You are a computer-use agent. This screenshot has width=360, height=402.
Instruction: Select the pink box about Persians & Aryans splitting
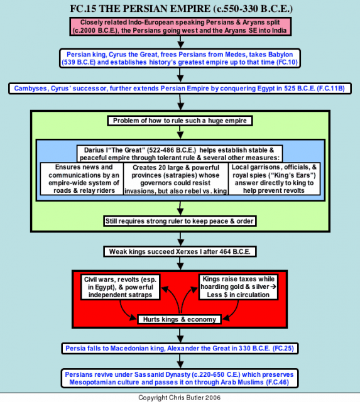[180, 26]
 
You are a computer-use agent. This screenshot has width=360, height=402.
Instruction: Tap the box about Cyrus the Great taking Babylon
[180, 58]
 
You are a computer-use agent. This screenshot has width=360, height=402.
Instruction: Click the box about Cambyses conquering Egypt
[180, 89]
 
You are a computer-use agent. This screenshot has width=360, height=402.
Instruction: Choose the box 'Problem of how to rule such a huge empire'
[180, 121]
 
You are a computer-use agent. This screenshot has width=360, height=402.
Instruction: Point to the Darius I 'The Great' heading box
[180, 154]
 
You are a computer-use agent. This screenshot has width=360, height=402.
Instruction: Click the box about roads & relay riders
[82, 178]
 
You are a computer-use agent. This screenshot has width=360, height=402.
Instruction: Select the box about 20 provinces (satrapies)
[176, 179]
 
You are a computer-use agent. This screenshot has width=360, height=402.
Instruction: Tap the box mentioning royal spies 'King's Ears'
[274, 178]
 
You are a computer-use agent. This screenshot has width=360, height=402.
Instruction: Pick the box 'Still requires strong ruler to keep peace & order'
[180, 221]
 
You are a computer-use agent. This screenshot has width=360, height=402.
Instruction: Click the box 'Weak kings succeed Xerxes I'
[180, 251]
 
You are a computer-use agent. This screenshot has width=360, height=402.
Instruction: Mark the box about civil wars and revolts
[120, 287]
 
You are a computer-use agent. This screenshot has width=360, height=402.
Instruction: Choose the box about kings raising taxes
[238, 287]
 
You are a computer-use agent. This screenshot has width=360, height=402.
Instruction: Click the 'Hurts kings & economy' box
[180, 319]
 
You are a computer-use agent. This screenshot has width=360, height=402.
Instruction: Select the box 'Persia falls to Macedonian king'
[180, 349]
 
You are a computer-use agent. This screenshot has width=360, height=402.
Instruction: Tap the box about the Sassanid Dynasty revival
[180, 378]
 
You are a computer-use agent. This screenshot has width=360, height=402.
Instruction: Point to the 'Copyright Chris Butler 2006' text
[179, 398]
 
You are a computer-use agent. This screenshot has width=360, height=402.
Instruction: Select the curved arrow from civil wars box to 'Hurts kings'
[124, 312]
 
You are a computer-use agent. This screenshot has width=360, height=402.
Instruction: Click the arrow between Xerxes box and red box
[180, 263]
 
